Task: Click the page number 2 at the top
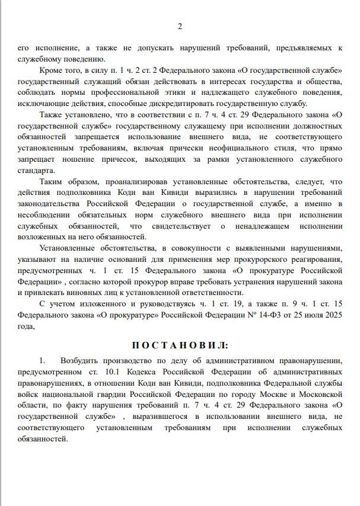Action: coord(180,27)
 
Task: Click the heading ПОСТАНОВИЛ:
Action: coord(180,345)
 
